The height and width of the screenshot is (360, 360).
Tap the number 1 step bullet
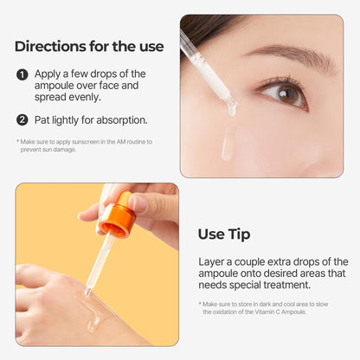pyautogui.click(x=22, y=74)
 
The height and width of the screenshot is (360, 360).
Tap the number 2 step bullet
pyautogui.click(x=22, y=119)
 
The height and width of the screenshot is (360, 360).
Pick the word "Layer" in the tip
pyautogui.click(x=213, y=261)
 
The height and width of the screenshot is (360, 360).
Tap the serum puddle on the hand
pyautogui.click(x=93, y=307)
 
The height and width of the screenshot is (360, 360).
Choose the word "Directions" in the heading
pyautogui.click(x=49, y=46)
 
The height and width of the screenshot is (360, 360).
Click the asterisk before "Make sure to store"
pyautogui.click(x=201, y=304)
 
